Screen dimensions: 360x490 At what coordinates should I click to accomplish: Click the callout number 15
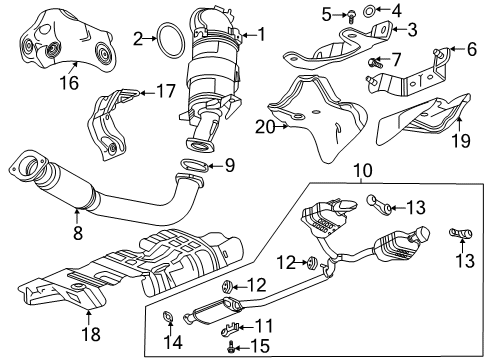pyautogui.click(x=262, y=348)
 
